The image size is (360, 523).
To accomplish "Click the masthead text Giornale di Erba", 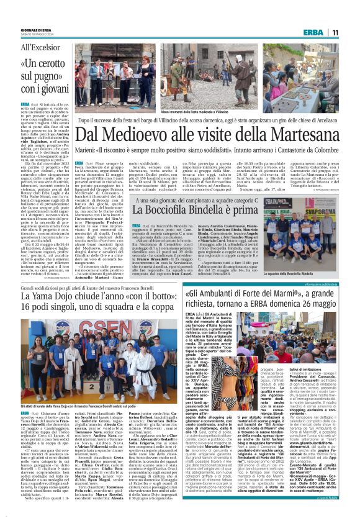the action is tap(34, 30).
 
